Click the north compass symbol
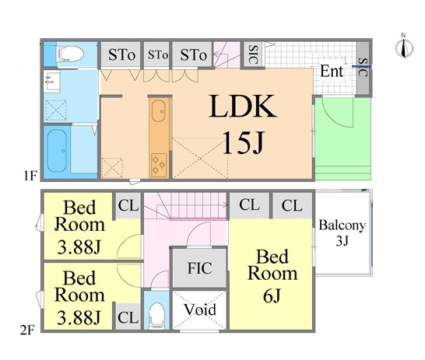(404, 47)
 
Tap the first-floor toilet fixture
(69, 54)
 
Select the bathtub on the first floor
(57, 151)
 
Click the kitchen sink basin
(158, 110)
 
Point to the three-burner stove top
(159, 165)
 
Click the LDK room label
(243, 106)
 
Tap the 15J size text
(243, 142)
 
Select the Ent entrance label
(332, 72)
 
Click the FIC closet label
(200, 268)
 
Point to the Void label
(200, 309)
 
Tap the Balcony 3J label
(342, 232)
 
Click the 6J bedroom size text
(272, 295)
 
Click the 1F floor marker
(30, 176)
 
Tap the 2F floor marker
(27, 330)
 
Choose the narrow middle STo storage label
(158, 55)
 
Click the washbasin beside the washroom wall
(52, 82)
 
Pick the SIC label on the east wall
(363, 67)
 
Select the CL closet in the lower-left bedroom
(128, 317)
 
